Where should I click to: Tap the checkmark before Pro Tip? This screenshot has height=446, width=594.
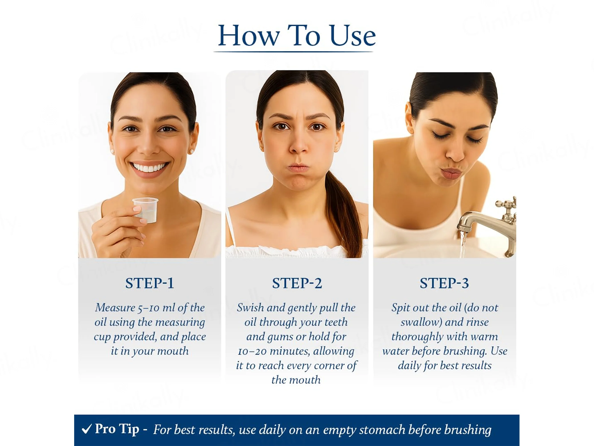click(x=87, y=429)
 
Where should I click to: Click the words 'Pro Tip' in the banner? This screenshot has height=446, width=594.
click(x=117, y=429)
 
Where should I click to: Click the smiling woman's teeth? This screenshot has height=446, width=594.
click(x=149, y=167)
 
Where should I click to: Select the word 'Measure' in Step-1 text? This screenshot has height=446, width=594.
click(x=115, y=308)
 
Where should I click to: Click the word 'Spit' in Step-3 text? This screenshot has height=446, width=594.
click(x=400, y=308)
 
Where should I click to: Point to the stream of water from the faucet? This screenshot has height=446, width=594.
click(x=463, y=245)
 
